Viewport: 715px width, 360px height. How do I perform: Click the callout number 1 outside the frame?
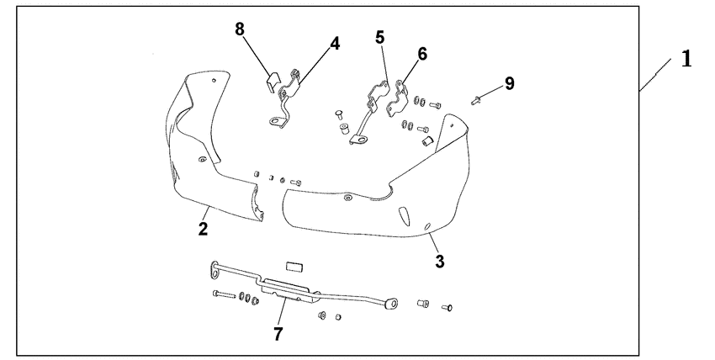[686, 59]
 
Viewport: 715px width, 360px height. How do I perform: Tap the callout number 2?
[203, 228]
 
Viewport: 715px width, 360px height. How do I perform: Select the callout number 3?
[440, 261]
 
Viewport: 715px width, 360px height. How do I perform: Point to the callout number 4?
[335, 44]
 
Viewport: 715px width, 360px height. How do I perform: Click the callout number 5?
[380, 37]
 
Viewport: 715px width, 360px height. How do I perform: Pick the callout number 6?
[422, 54]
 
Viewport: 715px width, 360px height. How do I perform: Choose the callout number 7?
[278, 334]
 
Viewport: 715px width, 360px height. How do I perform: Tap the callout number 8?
[240, 29]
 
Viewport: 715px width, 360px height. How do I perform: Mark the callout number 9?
[510, 83]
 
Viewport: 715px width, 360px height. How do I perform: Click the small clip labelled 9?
[475, 100]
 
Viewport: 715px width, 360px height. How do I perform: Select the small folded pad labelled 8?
[273, 81]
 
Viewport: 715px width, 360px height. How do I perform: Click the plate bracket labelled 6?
[397, 98]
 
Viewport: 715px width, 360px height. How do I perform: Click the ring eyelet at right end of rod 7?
[391, 303]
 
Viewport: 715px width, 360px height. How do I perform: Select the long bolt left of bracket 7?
[224, 294]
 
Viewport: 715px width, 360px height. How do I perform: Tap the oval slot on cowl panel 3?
[405, 215]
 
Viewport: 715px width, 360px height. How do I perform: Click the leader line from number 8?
[257, 56]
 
